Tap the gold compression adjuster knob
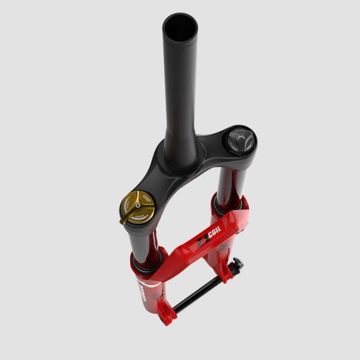[137, 207]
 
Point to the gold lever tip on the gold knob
[124, 221]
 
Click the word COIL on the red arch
[214, 232]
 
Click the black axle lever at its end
[238, 265]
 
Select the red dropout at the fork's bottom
[166, 316]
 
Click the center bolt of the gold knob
[137, 208]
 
